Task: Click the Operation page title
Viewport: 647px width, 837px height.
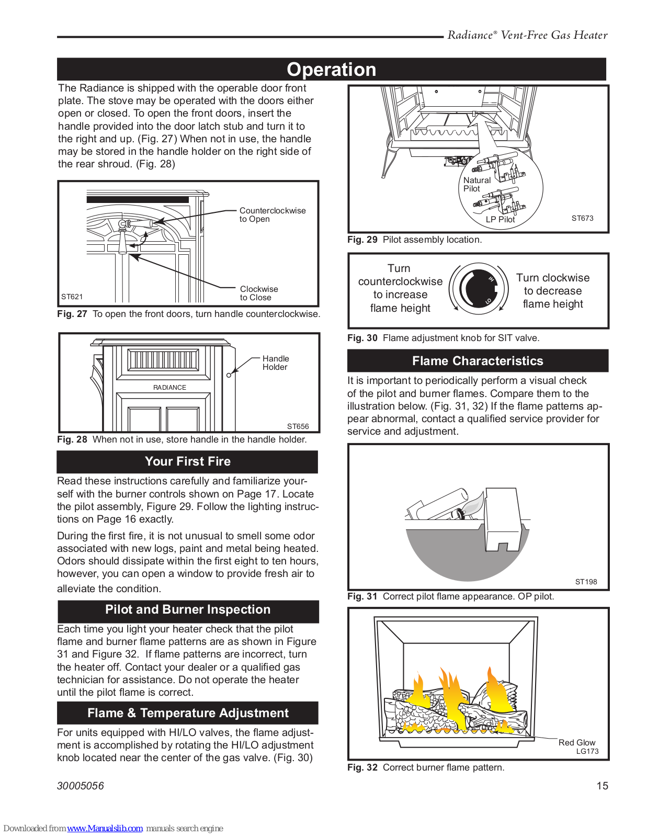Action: (x=331, y=70)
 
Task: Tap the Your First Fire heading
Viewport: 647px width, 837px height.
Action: (x=187, y=461)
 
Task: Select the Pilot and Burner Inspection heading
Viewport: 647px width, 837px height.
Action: (x=188, y=609)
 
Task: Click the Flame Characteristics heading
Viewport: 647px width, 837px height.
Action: (x=478, y=361)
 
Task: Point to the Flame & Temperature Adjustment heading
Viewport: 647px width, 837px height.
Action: (x=188, y=713)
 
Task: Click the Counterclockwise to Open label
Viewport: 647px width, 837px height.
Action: (x=272, y=214)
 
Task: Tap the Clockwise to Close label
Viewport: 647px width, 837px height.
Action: (x=258, y=293)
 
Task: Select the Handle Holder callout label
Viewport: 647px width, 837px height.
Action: (x=275, y=363)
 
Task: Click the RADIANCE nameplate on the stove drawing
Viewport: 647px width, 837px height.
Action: (x=169, y=388)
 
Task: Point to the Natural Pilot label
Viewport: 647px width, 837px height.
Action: (x=476, y=184)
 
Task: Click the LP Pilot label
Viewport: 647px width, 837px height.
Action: (x=500, y=220)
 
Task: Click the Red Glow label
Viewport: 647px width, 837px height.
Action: (x=576, y=742)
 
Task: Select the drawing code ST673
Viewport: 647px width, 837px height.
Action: (x=582, y=218)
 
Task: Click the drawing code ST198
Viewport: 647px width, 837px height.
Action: (x=586, y=582)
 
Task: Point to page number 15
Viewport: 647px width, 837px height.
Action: (x=602, y=786)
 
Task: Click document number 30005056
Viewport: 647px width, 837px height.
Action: (x=81, y=786)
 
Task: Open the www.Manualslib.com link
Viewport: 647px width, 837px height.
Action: (x=105, y=828)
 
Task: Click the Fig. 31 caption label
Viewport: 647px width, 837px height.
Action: (x=362, y=596)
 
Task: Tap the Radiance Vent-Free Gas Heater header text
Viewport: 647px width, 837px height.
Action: (x=527, y=36)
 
